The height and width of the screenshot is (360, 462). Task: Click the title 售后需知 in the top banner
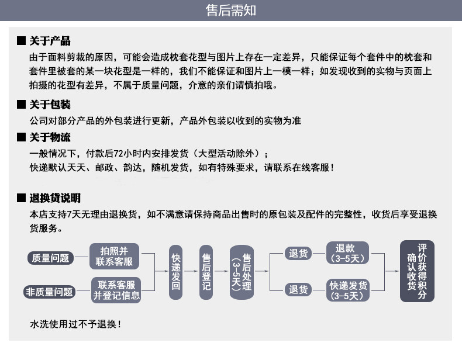230,11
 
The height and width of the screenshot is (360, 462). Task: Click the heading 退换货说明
55,198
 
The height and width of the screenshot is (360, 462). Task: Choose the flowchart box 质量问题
50,258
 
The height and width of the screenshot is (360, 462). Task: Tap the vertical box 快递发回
175,272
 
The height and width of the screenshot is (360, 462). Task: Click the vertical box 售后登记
206,272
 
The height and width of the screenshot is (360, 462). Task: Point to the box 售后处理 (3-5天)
242,272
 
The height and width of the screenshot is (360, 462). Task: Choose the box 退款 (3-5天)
349,253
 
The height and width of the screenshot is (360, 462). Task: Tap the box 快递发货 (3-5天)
349,290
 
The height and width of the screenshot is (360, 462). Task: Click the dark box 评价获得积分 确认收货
417,271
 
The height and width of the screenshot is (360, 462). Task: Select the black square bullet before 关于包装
21,105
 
